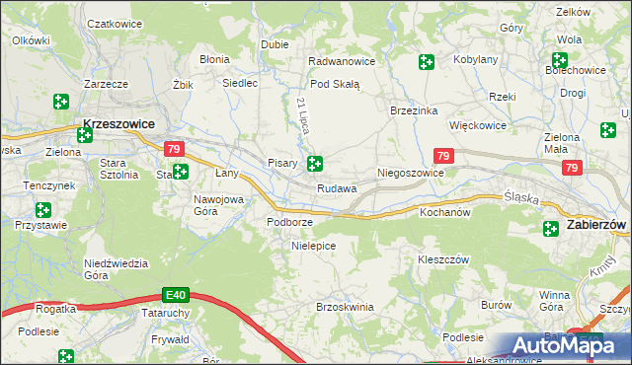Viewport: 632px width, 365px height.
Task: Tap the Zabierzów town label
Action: pyautogui.click(x=597, y=226)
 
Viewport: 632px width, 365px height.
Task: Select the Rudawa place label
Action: pyautogui.click(x=337, y=188)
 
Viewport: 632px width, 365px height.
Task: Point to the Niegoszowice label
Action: pyautogui.click(x=411, y=173)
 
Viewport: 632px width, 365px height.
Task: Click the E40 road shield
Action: pyautogui.click(x=176, y=295)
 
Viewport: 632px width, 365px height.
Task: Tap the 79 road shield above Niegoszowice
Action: pyautogui.click(x=443, y=156)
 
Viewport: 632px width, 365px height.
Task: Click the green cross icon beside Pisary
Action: pyautogui.click(x=314, y=164)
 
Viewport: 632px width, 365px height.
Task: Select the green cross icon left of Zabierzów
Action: pyautogui.click(x=551, y=228)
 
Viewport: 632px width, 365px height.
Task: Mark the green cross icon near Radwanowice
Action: pyautogui.click(x=426, y=62)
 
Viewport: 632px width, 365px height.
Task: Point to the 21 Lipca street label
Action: pyautogui.click(x=302, y=116)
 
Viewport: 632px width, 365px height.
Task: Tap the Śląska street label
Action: pyautogui.click(x=520, y=197)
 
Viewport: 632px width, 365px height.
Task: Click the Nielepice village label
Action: pyautogui.click(x=314, y=245)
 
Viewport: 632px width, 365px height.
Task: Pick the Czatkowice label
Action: pyautogui.click(x=112, y=22)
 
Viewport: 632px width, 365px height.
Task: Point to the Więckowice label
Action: pyautogui.click(x=478, y=126)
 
